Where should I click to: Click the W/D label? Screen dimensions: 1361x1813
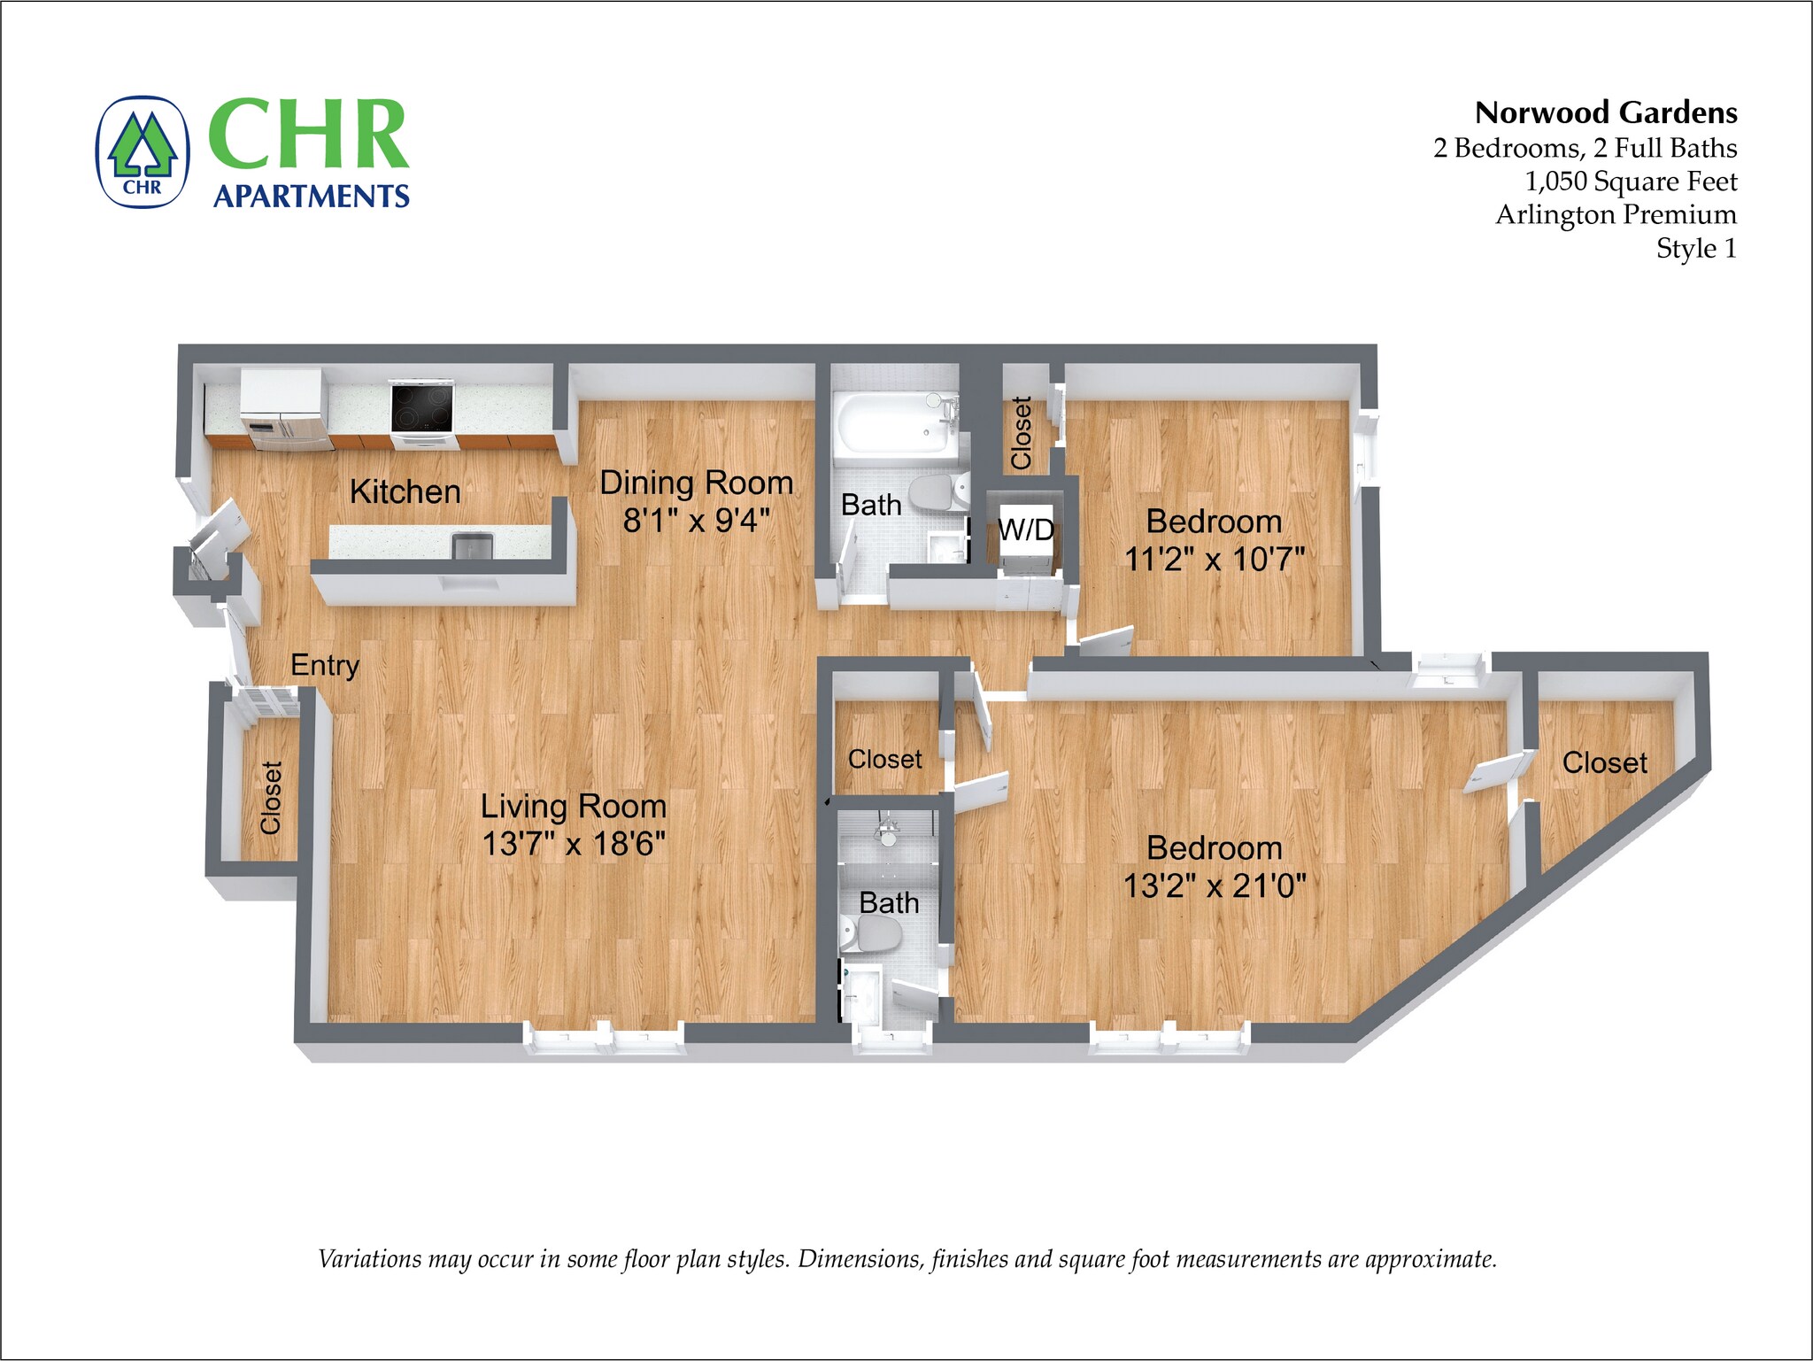coord(1026,530)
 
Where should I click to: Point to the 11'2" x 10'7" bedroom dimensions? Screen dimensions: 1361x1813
coord(1214,560)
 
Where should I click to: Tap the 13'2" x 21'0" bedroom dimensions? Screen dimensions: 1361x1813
coord(1214,885)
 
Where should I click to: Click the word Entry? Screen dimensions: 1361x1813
coord(325,665)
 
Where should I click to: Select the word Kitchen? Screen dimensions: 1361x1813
coord(405,491)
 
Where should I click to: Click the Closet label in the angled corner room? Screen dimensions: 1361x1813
coord(1604,762)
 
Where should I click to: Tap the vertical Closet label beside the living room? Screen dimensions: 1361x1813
coord(271,797)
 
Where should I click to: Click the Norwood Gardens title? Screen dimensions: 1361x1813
coord(1605,113)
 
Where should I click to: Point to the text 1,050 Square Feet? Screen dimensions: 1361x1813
coord(1630,182)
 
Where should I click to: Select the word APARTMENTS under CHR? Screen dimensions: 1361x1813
coord(312,196)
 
